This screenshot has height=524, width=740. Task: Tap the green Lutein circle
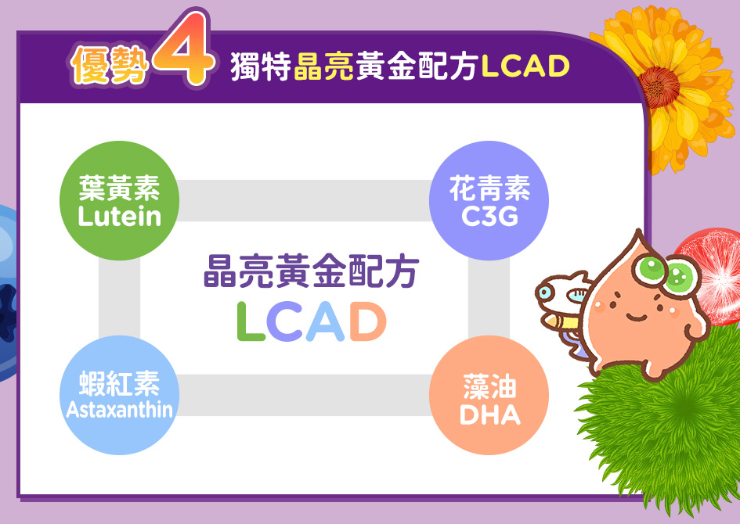tap(119, 201)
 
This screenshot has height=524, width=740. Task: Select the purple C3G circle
tap(489, 201)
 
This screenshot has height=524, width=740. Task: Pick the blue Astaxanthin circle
tap(119, 395)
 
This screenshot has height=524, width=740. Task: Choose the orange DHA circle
tap(489, 395)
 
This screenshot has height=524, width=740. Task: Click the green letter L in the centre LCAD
tap(250, 321)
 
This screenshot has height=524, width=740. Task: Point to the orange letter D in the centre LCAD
tap(367, 321)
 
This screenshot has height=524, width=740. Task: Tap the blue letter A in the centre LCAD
tap(326, 321)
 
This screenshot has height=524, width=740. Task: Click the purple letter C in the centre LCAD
tap(284, 321)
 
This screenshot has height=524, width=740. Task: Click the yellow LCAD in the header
tap(525, 66)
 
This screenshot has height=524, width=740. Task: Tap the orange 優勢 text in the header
tap(110, 65)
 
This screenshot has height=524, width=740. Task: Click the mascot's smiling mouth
tap(637, 317)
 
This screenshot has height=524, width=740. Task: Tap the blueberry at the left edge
tap(8, 293)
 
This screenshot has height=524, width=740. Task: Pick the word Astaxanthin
tap(119, 410)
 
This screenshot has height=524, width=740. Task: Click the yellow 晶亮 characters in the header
tap(323, 66)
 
